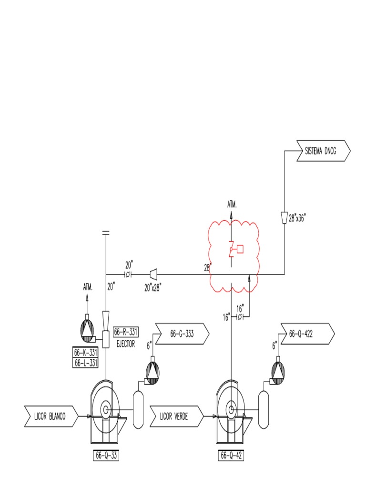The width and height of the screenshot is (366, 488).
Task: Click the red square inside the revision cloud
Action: click(240, 248)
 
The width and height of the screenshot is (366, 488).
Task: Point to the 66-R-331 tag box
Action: click(126, 332)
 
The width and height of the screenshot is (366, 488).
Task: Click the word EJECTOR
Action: click(126, 343)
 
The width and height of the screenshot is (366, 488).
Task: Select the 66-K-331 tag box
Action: click(86, 353)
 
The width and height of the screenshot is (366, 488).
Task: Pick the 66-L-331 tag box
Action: click(86, 363)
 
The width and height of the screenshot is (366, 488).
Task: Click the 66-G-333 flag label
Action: click(182, 334)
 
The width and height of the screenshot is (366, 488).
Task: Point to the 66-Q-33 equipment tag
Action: click(105, 456)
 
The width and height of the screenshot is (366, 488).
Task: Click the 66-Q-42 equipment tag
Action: click(231, 456)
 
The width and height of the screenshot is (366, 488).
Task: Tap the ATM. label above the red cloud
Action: click(232, 204)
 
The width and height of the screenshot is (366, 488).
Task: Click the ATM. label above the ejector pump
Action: click(87, 287)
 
